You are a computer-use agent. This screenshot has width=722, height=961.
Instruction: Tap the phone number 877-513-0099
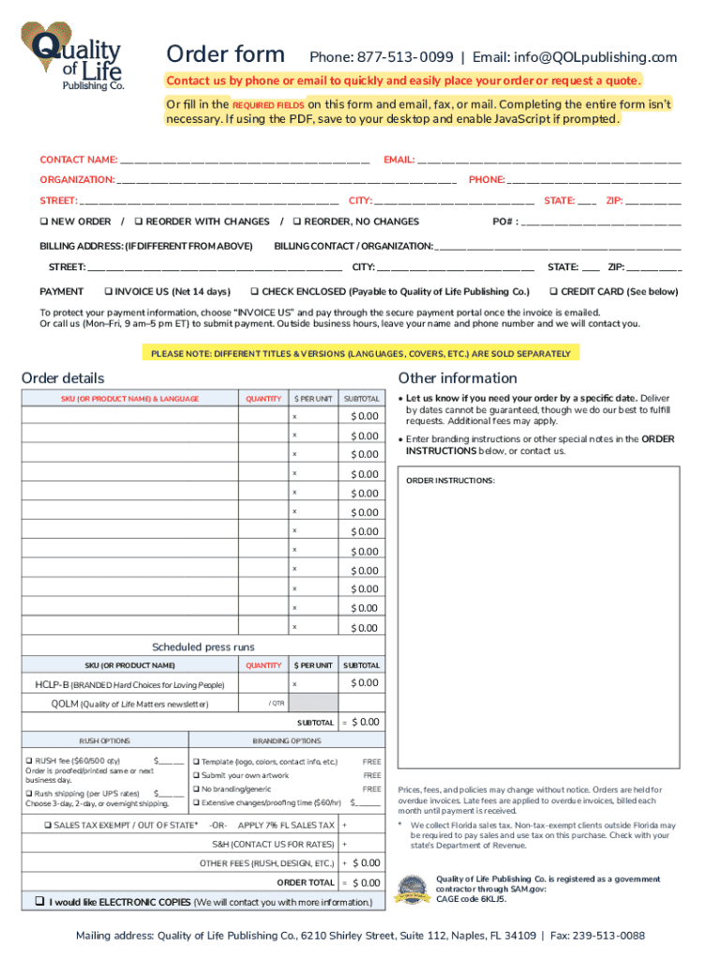[404, 57]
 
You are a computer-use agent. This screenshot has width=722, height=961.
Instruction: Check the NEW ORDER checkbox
[44, 221]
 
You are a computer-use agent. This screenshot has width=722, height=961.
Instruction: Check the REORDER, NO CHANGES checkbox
[298, 221]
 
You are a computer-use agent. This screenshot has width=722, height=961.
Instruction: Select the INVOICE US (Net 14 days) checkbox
[109, 291]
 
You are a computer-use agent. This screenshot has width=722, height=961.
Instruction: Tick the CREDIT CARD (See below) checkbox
[554, 291]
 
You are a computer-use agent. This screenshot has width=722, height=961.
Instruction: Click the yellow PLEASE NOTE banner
[360, 354]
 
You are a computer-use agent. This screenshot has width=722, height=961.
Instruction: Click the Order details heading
[63, 378]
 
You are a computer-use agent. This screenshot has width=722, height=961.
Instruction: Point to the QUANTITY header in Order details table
[263, 399]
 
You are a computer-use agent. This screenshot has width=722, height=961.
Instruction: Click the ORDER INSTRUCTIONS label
[449, 480]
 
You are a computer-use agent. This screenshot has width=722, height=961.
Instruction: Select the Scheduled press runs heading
[203, 647]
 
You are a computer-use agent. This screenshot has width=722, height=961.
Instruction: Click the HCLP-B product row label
[130, 685]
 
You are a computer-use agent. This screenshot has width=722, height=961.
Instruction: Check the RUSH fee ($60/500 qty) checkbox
[29, 761]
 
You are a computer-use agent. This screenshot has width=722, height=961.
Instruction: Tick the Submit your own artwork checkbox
[197, 776]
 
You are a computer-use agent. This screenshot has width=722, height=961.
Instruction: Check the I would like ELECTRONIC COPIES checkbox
[39, 901]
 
